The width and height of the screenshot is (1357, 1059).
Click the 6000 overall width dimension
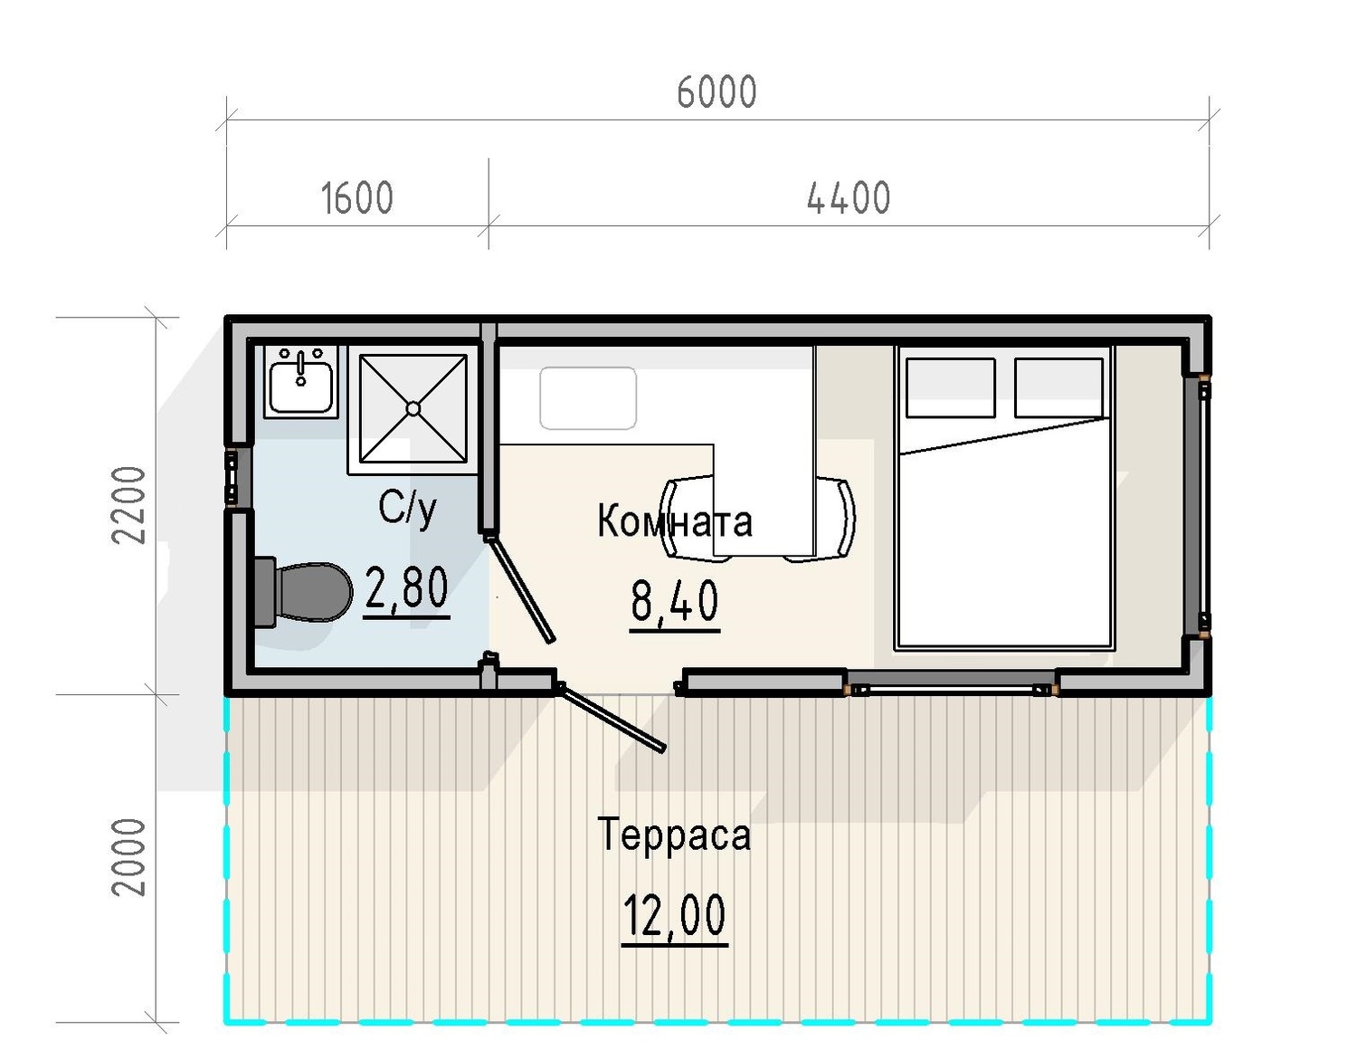tap(716, 91)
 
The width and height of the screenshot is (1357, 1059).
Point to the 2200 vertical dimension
tap(128, 505)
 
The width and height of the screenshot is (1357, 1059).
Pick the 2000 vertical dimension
tap(128, 857)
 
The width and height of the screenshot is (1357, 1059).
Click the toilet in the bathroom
tap(304, 592)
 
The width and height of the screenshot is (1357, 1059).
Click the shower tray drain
tap(413, 408)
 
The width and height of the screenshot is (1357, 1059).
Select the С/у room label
tap(407, 510)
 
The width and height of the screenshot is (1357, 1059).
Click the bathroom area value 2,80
tap(406, 587)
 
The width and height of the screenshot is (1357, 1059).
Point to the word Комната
tap(675, 520)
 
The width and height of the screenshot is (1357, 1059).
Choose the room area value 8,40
tap(675, 600)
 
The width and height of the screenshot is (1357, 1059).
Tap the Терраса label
tap(674, 834)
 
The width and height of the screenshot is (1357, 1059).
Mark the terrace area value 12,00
tap(674, 914)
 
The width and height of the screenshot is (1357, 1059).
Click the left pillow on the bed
tap(951, 387)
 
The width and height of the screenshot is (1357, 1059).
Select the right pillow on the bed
tap(1058, 387)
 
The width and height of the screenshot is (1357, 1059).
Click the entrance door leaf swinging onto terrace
tap(612, 718)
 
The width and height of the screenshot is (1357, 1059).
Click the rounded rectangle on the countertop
tap(588, 398)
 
